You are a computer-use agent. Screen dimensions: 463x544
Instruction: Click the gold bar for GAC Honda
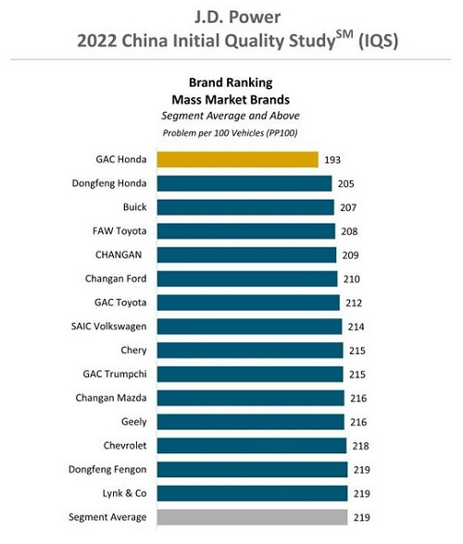pyautogui.click(x=238, y=159)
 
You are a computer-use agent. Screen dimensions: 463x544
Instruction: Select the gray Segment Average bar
pyautogui.click(x=252, y=517)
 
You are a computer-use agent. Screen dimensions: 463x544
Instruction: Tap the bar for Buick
pyautogui.click(x=245, y=207)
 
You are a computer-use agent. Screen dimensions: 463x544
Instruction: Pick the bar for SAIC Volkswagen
pyautogui.click(x=249, y=327)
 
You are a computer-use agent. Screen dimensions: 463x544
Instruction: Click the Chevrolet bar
pyautogui.click(x=252, y=446)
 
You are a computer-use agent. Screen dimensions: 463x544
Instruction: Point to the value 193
pyautogui.click(x=332, y=160)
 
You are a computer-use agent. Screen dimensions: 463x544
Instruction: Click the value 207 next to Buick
pyautogui.click(x=348, y=207)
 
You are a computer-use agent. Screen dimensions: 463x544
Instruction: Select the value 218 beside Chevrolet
pyautogui.click(x=360, y=446)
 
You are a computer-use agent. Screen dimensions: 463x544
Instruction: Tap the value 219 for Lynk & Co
pyautogui.click(x=361, y=494)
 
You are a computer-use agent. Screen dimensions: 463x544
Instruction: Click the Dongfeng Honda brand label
pyautogui.click(x=109, y=183)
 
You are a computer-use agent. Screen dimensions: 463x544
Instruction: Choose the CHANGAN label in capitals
pyautogui.click(x=119, y=255)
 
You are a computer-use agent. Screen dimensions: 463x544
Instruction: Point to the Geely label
pyautogui.click(x=133, y=422)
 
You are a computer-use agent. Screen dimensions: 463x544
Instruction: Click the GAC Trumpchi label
pyautogui.click(x=115, y=375)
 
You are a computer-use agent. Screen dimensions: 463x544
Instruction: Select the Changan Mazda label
pyautogui.click(x=111, y=398)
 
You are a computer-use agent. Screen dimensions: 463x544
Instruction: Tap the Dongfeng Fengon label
pyautogui.click(x=107, y=470)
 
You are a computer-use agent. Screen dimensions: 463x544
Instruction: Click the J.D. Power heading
pyautogui.click(x=237, y=18)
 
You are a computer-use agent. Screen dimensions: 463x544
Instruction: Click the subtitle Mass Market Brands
pyautogui.click(x=231, y=100)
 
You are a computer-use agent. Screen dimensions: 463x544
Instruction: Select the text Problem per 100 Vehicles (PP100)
pyautogui.click(x=230, y=133)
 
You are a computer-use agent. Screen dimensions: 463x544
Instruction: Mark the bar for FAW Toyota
pyautogui.click(x=246, y=231)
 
